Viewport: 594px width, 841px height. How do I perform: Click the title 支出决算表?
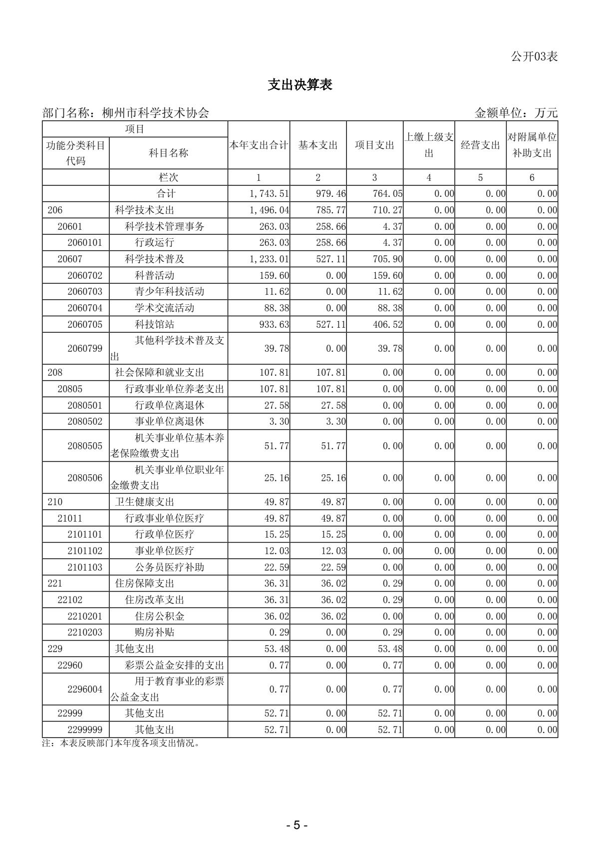299,85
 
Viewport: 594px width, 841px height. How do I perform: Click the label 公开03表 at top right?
534,56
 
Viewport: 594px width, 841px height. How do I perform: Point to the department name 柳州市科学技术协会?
155,113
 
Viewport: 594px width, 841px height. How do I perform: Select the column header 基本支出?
318,145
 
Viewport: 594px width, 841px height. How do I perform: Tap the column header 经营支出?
480,145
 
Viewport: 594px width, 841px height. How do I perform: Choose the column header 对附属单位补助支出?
532,145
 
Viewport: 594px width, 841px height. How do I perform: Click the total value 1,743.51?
270,194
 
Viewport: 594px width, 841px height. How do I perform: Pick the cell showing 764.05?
387,194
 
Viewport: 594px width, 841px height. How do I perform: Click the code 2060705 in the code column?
85,324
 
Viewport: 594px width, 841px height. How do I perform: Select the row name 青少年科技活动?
169,291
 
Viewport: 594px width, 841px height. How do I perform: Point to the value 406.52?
387,324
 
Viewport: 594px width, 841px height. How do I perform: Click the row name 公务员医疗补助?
169,567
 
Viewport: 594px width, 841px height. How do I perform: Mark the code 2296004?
85,689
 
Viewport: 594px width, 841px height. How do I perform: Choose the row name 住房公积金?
159,616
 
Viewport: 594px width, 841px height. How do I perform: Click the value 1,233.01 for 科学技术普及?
270,259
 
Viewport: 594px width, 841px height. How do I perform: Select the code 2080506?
85,478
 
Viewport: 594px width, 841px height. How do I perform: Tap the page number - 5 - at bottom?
297,825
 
